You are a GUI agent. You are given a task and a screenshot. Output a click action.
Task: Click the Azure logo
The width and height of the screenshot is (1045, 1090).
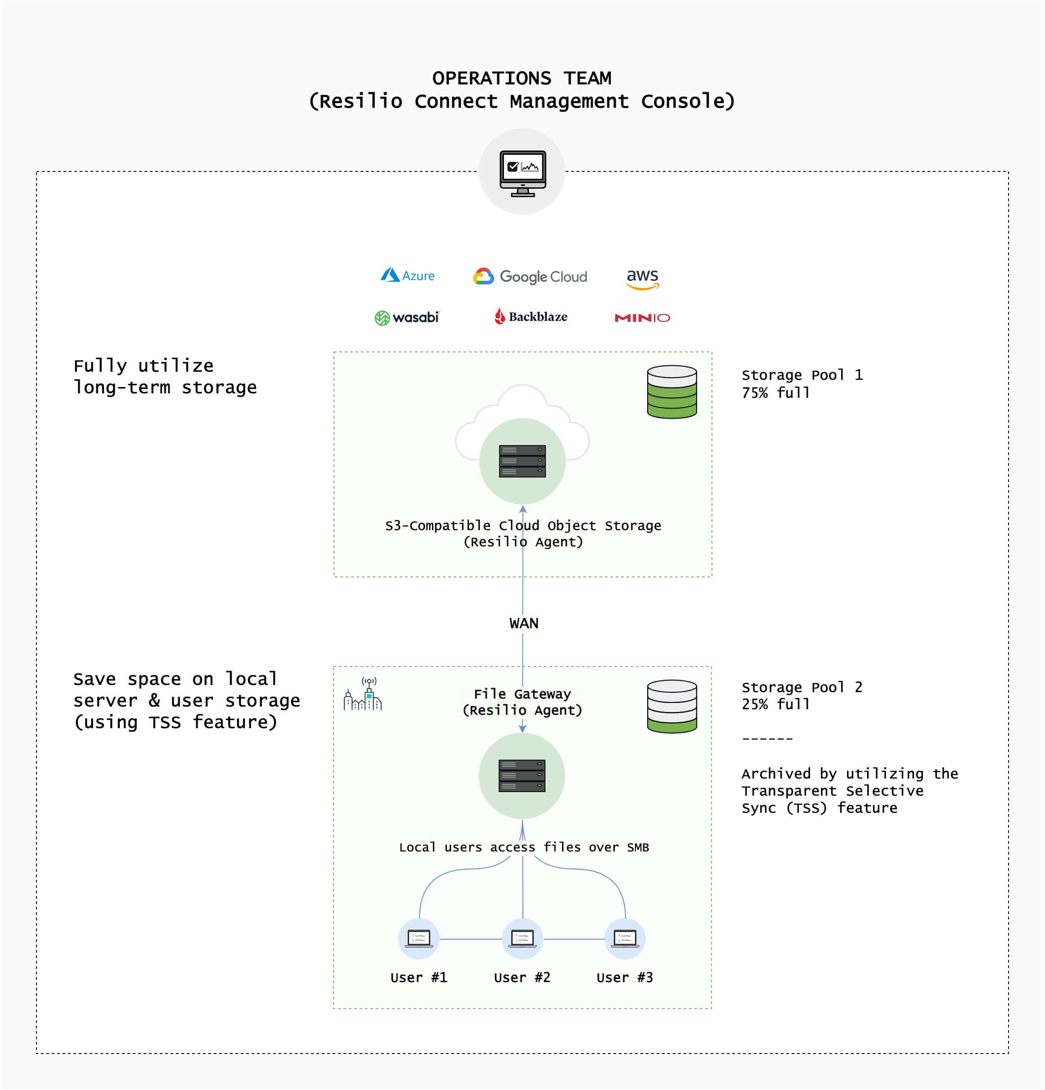click(x=408, y=275)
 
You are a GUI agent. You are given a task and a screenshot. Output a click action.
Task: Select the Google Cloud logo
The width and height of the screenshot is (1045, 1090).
click(x=530, y=276)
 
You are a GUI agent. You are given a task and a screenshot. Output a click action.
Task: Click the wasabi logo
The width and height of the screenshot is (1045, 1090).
click(x=406, y=318)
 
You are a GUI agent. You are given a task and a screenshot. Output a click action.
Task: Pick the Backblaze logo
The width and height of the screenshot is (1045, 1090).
click(x=531, y=316)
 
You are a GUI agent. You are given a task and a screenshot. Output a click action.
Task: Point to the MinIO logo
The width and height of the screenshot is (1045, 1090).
click(x=642, y=318)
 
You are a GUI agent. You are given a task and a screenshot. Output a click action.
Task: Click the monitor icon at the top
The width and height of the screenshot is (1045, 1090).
click(x=522, y=173)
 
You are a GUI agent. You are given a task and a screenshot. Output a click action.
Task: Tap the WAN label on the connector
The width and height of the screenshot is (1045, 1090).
click(x=523, y=623)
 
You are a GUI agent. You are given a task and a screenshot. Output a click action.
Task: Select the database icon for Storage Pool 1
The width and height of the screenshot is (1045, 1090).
click(x=672, y=392)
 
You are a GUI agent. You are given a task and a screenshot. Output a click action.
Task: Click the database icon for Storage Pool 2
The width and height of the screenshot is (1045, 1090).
click(x=672, y=706)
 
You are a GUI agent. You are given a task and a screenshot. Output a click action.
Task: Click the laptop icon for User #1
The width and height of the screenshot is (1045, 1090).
click(x=419, y=939)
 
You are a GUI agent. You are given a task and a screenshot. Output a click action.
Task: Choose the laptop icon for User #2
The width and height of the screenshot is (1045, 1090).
click(x=522, y=939)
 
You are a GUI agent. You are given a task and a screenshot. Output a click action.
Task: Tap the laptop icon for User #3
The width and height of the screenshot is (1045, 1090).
click(x=625, y=939)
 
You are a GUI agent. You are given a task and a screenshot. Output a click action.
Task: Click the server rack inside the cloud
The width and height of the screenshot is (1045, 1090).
click(x=522, y=461)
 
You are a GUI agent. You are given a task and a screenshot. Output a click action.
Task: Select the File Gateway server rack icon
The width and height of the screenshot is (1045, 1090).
click(x=522, y=776)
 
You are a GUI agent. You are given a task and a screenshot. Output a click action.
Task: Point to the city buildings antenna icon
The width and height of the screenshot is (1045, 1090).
click(x=363, y=694)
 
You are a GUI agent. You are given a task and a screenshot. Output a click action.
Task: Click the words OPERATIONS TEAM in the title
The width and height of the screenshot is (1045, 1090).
click(x=522, y=78)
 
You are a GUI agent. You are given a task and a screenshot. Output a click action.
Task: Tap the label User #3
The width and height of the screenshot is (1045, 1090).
click(x=625, y=977)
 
